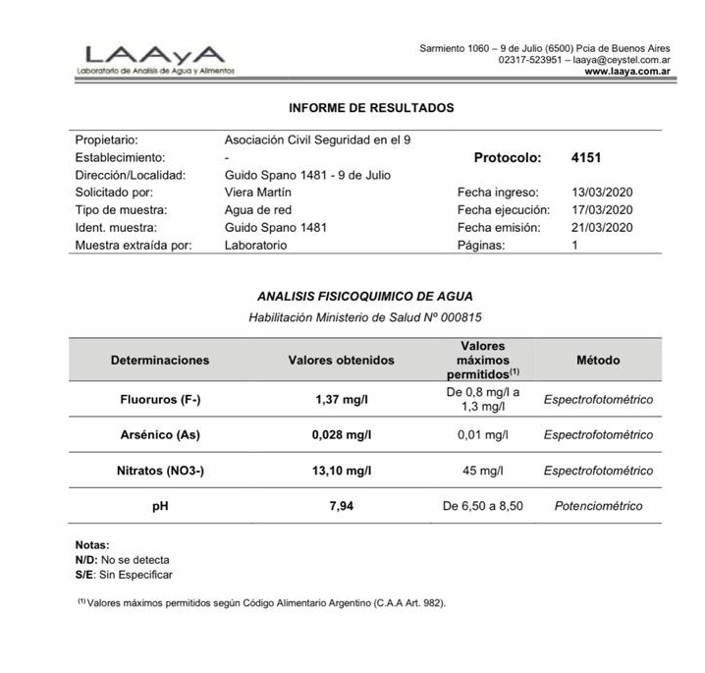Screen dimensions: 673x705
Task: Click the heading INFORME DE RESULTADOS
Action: coord(371,107)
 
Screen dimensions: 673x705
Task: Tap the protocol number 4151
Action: coord(586,157)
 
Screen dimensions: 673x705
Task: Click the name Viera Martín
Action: coord(257,193)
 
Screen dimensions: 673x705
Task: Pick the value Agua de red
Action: coord(258,210)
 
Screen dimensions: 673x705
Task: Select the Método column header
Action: coord(598,361)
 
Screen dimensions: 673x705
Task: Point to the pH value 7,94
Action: coord(341,506)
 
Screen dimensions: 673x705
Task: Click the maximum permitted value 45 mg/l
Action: coord(483,471)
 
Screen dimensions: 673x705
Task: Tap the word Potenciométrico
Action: coord(598,506)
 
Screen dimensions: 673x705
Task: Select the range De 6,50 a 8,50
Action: coord(483,506)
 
